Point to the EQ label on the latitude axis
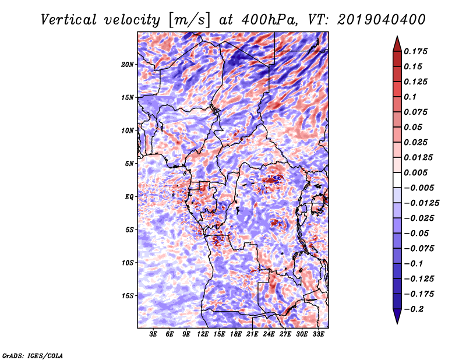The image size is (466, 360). point(130,197)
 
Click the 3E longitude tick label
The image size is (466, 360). point(154,334)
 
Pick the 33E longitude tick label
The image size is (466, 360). point(319,334)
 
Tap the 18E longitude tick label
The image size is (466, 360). point(236,334)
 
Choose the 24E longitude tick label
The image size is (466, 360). point(269,334)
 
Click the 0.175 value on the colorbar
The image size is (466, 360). point(416,51)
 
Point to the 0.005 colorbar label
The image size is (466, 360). point(416,173)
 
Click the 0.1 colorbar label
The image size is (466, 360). point(411,97)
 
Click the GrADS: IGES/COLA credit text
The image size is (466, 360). point(33,355)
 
